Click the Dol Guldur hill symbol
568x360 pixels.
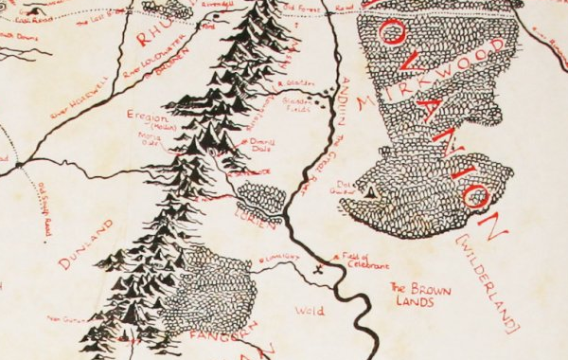[x=372, y=190]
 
